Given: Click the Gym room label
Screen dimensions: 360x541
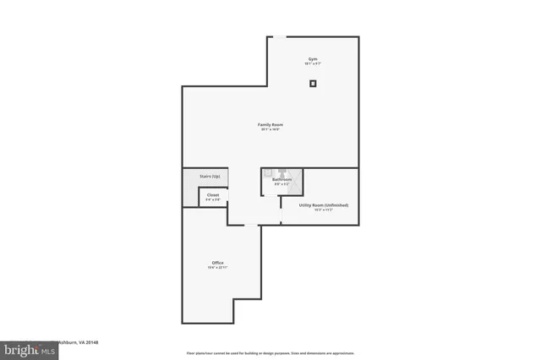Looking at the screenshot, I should pyautogui.click(x=313, y=59).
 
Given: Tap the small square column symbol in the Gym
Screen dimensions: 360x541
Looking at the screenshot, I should pyautogui.click(x=313, y=83).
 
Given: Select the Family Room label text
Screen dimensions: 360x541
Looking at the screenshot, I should pyautogui.click(x=270, y=125).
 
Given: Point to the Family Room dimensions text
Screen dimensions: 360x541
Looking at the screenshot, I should pyautogui.click(x=270, y=130).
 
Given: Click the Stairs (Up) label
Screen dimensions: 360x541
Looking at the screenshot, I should pyautogui.click(x=210, y=176).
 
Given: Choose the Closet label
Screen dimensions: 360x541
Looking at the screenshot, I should pyautogui.click(x=213, y=194).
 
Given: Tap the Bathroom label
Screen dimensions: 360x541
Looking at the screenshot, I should pyautogui.click(x=281, y=179).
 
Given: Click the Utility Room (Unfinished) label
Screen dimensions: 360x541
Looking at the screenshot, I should pyautogui.click(x=324, y=205).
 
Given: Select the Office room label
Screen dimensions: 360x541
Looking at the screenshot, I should pyautogui.click(x=217, y=263).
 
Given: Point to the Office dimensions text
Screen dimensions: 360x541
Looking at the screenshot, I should pyautogui.click(x=217, y=268).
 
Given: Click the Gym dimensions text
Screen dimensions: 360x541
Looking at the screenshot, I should pyautogui.click(x=313, y=64).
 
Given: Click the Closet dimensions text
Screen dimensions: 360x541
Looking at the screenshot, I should pyautogui.click(x=213, y=199).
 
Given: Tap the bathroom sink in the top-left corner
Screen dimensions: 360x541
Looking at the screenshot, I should pyautogui.click(x=268, y=172).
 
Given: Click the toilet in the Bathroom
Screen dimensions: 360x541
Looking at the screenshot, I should pyautogui.click(x=282, y=172).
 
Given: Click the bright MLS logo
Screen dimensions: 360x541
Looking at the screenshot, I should pyautogui.click(x=19, y=348).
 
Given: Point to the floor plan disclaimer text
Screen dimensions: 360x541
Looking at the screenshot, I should pyautogui.click(x=270, y=353).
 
